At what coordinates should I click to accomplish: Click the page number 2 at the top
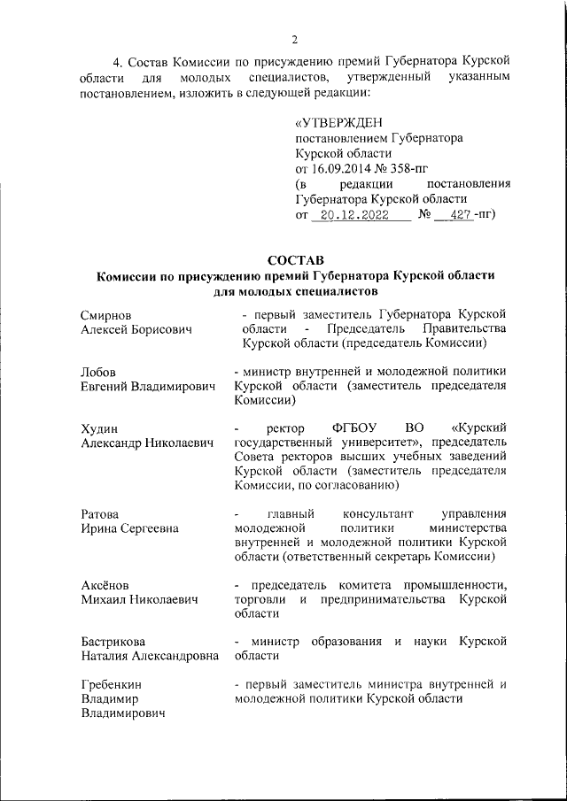coord(295,38)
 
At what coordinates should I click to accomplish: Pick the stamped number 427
coord(459,214)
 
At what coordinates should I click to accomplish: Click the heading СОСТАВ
coord(295,259)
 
